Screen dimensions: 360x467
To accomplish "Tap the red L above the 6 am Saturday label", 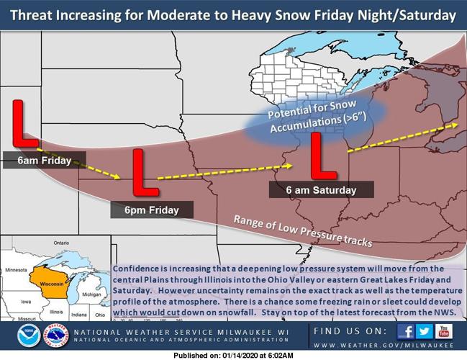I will (322, 156).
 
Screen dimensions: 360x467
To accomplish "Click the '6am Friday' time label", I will (45, 161).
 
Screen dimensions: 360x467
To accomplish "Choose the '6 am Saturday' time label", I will (321, 190).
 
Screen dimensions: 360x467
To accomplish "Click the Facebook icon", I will (405, 330).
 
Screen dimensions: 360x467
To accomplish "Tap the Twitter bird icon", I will (425, 330).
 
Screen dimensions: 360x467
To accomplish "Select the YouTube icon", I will (444, 330).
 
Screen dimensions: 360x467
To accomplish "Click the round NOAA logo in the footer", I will (29, 336).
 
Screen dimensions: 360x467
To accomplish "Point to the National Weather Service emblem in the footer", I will (55, 336).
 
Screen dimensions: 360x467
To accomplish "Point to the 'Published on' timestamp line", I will (234, 355).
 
